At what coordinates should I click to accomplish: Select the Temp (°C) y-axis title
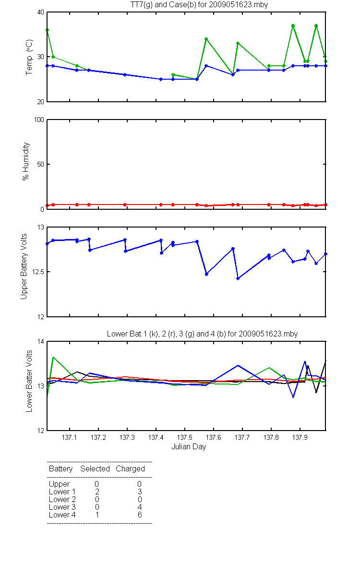(x=29, y=57)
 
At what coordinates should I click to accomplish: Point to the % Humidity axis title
(x=26, y=161)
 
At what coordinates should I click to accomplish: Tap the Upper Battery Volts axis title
(x=24, y=266)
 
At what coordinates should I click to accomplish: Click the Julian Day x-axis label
(x=189, y=447)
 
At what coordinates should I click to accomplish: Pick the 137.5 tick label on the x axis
(x=185, y=437)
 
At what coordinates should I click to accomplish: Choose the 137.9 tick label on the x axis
(x=300, y=437)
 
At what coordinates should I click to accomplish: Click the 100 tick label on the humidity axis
(x=39, y=120)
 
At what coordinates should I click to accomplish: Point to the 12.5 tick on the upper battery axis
(x=38, y=272)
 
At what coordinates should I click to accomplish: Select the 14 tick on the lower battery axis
(x=41, y=341)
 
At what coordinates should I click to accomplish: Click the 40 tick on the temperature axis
(x=41, y=12)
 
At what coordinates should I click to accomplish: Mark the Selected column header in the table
(x=95, y=468)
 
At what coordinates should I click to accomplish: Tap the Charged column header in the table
(x=130, y=469)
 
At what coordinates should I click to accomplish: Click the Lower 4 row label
(x=62, y=515)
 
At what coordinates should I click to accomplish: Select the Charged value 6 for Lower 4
(x=140, y=515)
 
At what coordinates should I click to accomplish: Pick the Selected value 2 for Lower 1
(x=97, y=492)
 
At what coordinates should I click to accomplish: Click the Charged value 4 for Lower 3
(x=140, y=507)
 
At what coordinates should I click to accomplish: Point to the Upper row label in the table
(x=59, y=484)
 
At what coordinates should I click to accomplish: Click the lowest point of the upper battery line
(x=238, y=278)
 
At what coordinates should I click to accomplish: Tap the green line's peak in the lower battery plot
(x=53, y=357)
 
